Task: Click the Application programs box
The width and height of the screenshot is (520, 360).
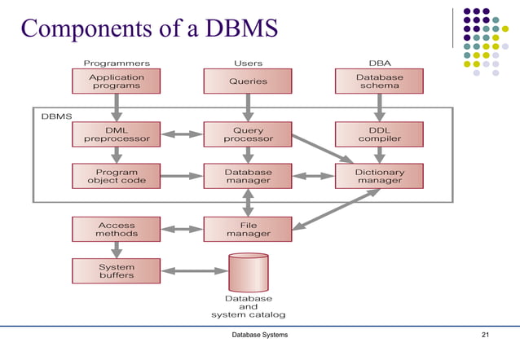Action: coord(116,81)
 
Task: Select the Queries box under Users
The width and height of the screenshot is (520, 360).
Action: coord(248,81)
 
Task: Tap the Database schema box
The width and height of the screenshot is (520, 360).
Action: coord(379,81)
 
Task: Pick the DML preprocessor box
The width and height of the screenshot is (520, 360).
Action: coord(116,134)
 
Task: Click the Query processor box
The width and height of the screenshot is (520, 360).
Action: coord(248,134)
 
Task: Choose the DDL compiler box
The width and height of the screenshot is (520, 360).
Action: coord(379,134)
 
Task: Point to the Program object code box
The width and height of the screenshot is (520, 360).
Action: coord(116,176)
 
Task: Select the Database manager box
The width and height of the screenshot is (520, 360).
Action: coord(248,176)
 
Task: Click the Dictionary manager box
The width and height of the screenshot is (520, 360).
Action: coord(379,176)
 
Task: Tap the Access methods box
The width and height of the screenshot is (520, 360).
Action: coord(116,229)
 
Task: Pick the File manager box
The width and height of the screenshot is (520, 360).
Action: coord(248,229)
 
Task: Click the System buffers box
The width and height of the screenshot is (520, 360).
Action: coord(116,271)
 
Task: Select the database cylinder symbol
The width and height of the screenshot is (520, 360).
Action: coord(249,273)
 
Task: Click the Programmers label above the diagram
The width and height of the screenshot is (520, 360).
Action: coord(117,64)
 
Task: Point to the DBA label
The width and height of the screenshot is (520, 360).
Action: coord(380,63)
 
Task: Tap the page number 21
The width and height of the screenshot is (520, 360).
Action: coord(485,335)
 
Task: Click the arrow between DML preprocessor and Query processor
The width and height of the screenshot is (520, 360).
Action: coord(182,134)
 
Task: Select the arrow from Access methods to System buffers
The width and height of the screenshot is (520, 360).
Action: coord(117,250)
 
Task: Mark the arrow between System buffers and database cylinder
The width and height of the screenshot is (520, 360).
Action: coord(195,271)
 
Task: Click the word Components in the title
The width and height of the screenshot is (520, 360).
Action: coord(86,29)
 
